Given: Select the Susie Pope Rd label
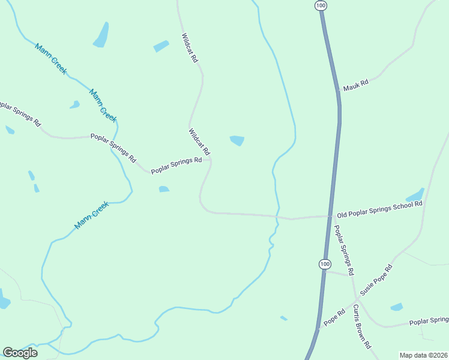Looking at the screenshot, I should click(x=376, y=280).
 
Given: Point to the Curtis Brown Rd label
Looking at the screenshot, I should click(x=363, y=327).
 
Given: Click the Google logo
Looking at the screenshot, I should click(x=20, y=352).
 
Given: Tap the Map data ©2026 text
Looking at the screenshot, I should click(x=423, y=355).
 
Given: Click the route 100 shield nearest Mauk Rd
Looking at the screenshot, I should click(x=321, y=5).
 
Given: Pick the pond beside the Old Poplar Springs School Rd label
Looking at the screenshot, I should click(x=415, y=196).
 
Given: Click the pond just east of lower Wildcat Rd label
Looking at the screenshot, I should click(x=237, y=140).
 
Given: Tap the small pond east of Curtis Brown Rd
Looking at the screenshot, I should click(x=397, y=307).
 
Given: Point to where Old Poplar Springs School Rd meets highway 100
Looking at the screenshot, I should click(x=331, y=216).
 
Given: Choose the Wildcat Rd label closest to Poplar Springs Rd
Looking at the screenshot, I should click(x=199, y=141).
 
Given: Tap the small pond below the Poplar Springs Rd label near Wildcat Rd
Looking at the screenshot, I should click(x=163, y=190).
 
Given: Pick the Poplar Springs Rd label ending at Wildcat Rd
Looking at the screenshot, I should click(x=176, y=165).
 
